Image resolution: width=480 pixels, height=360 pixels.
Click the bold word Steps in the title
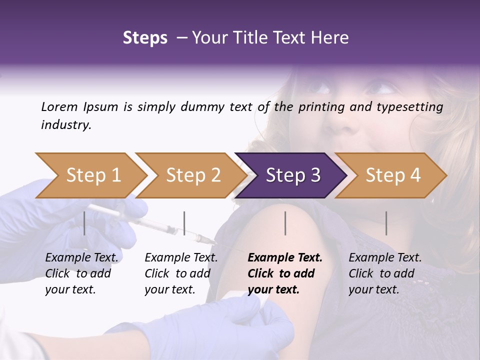click(x=145, y=38)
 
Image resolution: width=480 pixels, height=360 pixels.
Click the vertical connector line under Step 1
click(x=84, y=223)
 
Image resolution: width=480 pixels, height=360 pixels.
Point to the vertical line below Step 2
click(x=184, y=223)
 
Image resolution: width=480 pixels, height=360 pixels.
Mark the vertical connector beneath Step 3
click(x=285, y=223)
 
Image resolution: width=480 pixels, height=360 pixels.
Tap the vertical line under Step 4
click(x=386, y=223)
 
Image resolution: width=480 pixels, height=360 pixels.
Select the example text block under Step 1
click(x=81, y=273)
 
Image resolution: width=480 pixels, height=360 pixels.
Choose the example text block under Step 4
click(x=385, y=273)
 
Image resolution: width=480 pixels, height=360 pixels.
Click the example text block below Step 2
click(x=181, y=273)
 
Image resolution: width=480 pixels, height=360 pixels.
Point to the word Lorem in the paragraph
click(x=59, y=106)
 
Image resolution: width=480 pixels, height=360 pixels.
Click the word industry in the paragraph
click(x=66, y=124)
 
